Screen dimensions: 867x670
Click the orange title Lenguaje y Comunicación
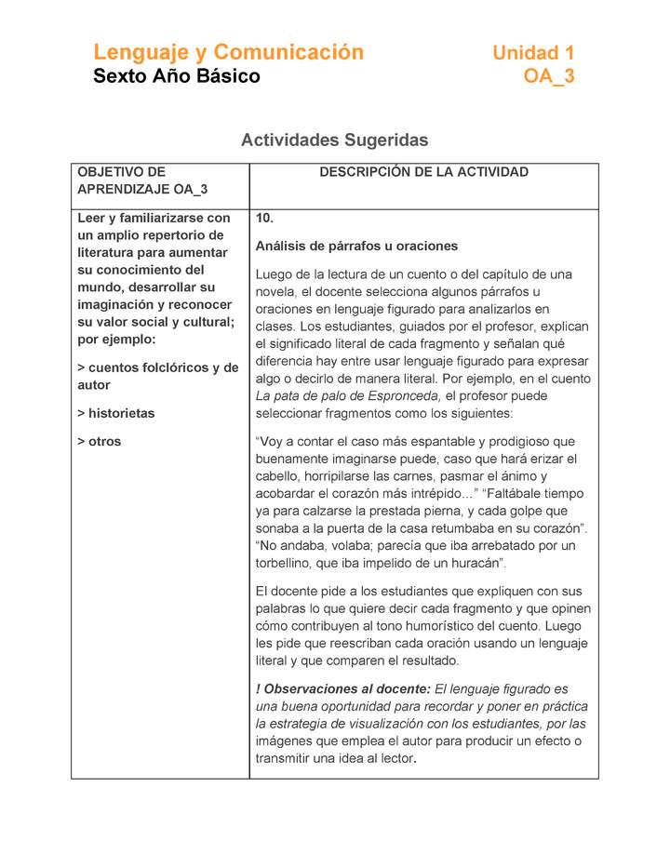tap(228, 52)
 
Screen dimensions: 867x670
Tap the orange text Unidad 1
tap(533, 53)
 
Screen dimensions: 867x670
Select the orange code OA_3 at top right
tap(549, 76)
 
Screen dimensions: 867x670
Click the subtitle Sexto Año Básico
tap(177, 76)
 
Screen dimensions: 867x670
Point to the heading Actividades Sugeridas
tap(334, 140)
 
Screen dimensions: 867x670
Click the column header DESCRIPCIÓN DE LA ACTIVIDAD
tap(423, 172)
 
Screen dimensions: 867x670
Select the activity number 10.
tap(264, 218)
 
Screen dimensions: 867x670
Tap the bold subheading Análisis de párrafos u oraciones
tap(356, 247)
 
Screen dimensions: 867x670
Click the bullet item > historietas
tap(115, 413)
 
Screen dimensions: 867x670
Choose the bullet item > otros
tap(99, 441)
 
